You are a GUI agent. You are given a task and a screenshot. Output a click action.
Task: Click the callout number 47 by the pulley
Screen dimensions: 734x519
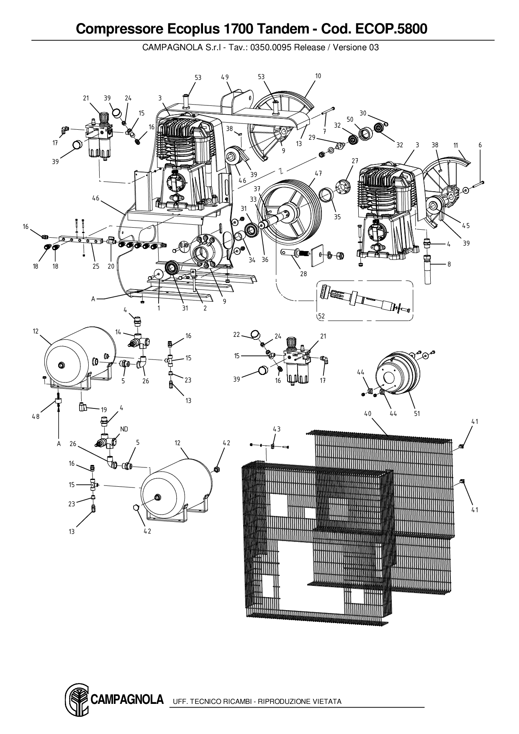click(x=318, y=173)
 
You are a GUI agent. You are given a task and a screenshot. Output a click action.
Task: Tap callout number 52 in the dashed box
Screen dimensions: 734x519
click(x=321, y=316)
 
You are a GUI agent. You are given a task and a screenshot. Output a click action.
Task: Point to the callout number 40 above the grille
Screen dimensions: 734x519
click(x=368, y=413)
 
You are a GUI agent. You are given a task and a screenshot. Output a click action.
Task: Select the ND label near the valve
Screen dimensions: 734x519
click(x=124, y=429)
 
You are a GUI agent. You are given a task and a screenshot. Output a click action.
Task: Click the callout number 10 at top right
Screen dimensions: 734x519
click(x=318, y=76)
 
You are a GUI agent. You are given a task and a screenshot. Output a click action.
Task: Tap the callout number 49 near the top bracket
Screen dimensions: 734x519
click(x=225, y=77)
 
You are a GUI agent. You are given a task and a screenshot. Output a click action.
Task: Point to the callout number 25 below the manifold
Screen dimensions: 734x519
click(x=96, y=267)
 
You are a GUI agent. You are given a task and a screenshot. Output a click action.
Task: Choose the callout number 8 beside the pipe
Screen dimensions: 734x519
click(x=449, y=264)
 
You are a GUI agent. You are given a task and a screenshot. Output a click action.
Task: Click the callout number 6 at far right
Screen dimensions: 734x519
click(x=480, y=145)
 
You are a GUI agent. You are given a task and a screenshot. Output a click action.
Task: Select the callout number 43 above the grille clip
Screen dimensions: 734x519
click(x=277, y=429)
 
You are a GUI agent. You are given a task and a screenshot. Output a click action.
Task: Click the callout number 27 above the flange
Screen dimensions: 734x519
click(x=355, y=161)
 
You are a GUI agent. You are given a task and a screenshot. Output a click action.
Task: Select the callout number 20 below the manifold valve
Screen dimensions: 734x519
click(x=111, y=267)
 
